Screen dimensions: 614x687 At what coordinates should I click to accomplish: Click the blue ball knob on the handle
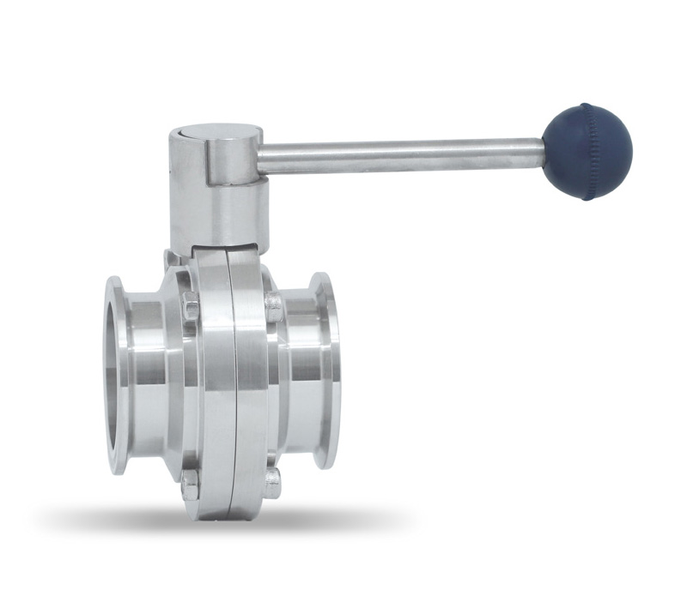click(587, 151)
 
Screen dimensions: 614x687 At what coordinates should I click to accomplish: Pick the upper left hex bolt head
click(191, 308)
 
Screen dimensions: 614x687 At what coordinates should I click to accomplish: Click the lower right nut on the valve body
click(271, 482)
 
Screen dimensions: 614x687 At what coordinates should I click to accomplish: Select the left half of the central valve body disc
click(211, 386)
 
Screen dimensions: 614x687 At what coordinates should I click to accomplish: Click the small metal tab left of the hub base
click(173, 258)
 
